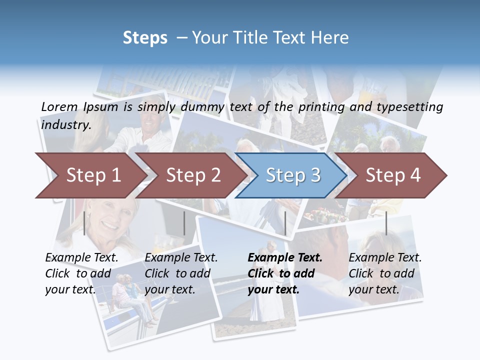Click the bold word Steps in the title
click(145, 38)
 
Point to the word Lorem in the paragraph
click(59, 106)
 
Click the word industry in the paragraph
click(65, 124)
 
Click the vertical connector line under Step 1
click(84, 223)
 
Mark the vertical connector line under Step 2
click(184, 223)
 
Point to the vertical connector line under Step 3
click(285, 223)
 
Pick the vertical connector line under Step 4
click(386, 223)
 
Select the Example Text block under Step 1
click(81, 273)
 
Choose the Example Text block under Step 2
click(181, 273)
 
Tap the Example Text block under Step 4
click(385, 273)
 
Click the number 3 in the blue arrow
click(315, 175)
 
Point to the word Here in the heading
click(330, 38)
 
